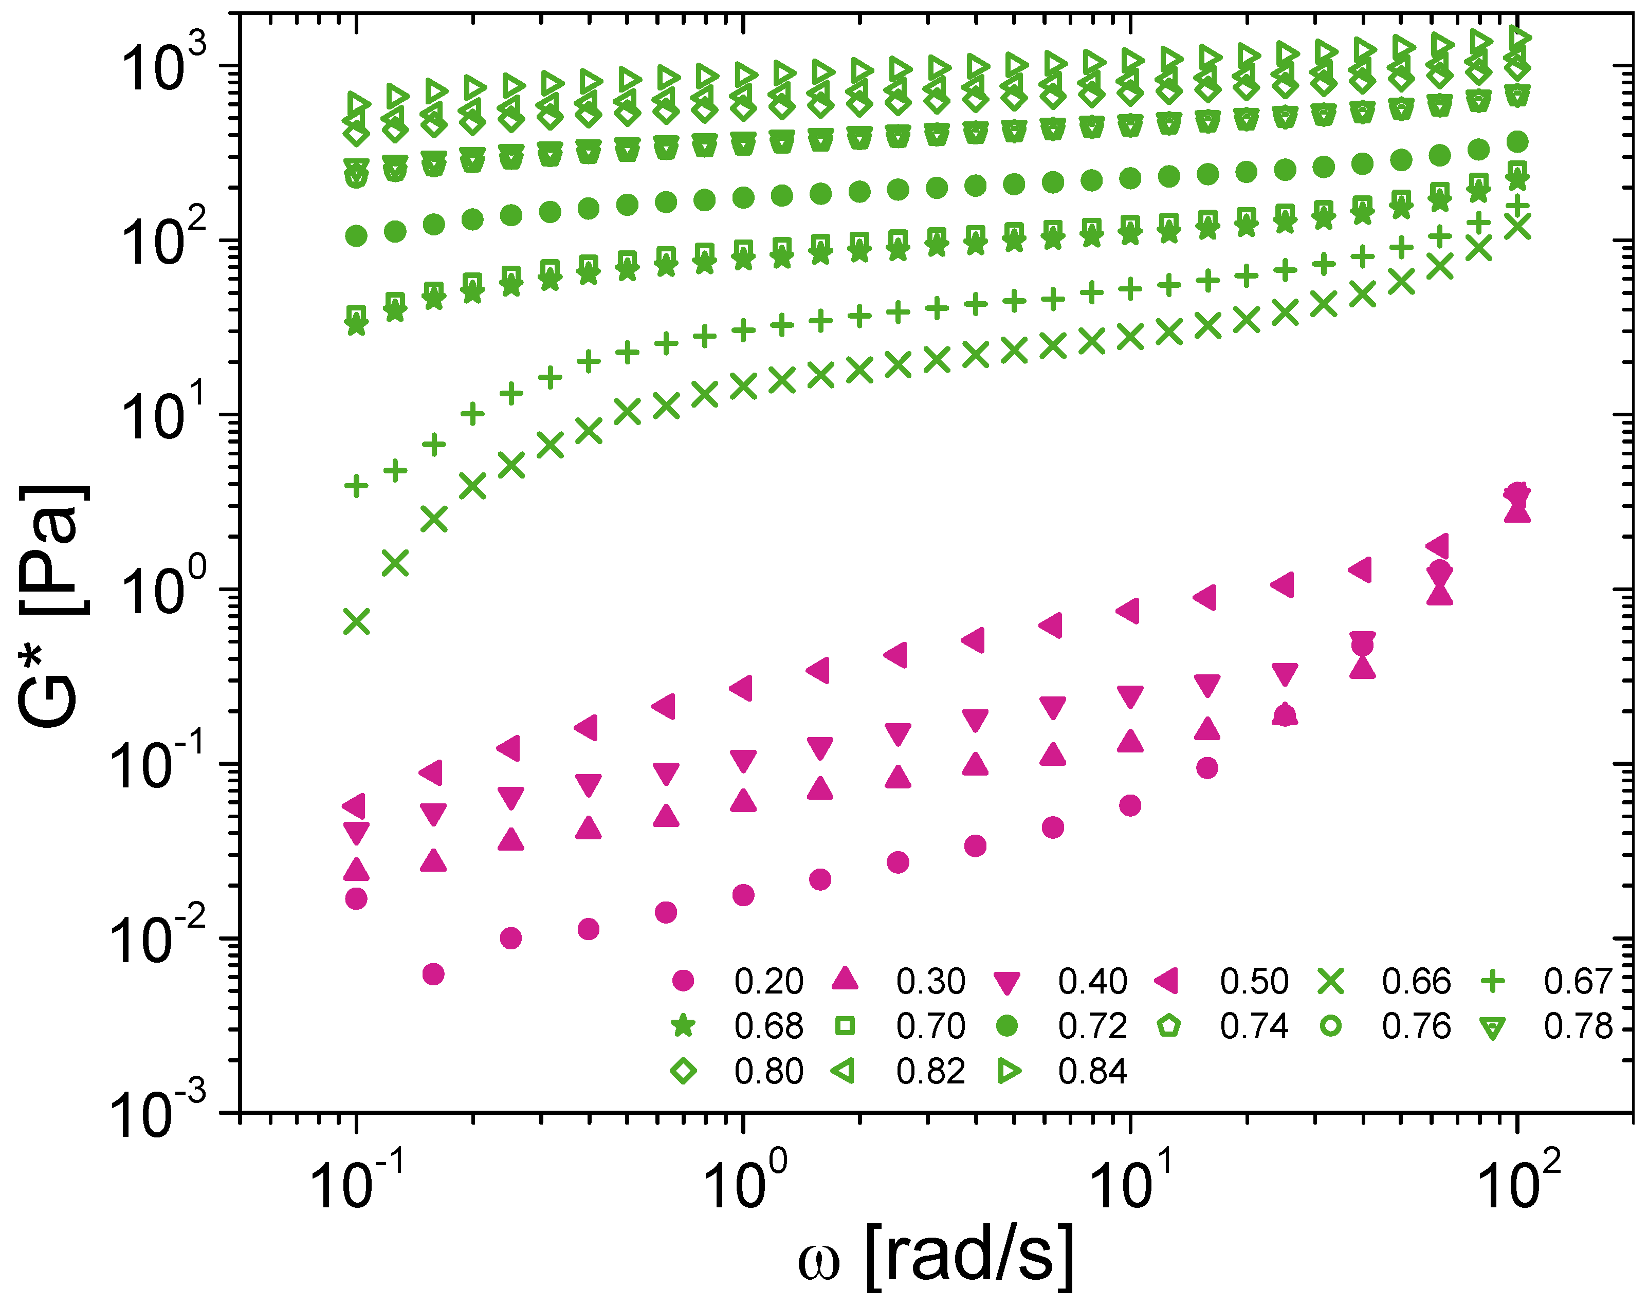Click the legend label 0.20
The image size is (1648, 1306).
click(x=768, y=981)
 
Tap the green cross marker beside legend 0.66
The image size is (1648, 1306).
click(x=1331, y=981)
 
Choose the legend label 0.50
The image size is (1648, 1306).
click(x=1254, y=981)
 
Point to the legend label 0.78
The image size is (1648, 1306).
click(x=1578, y=1026)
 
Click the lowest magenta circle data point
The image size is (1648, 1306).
click(x=433, y=973)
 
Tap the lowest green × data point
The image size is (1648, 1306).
click(x=356, y=621)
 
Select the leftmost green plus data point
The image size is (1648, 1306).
click(x=356, y=485)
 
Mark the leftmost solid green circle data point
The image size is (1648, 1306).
click(x=356, y=236)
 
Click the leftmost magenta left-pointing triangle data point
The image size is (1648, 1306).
click(x=354, y=805)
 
